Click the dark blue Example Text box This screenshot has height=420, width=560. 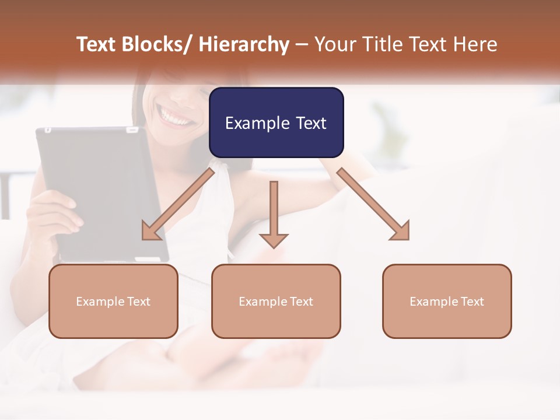[x=276, y=123]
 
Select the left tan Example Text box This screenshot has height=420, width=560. [x=113, y=301]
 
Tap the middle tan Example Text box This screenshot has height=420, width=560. [x=276, y=301]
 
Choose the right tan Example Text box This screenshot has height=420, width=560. [x=447, y=301]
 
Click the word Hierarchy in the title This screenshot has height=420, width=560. [x=244, y=44]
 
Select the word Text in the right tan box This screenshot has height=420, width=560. [x=471, y=302]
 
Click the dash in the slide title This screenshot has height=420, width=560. [x=302, y=44]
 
